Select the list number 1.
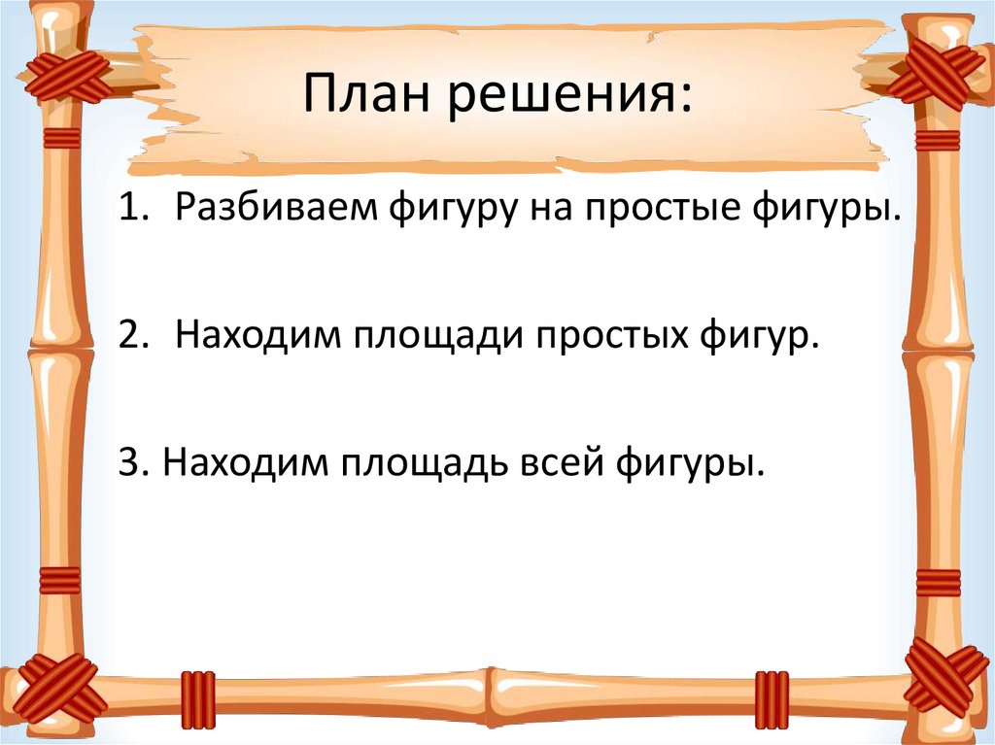pyautogui.click(x=130, y=212)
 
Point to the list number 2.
pyautogui.click(x=130, y=335)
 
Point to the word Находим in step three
pyautogui.click(x=241, y=459)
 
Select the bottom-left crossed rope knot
pyautogui.click(x=61, y=688)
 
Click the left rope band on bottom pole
pyautogui.click(x=197, y=699)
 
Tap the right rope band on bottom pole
pyautogui.click(x=772, y=699)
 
